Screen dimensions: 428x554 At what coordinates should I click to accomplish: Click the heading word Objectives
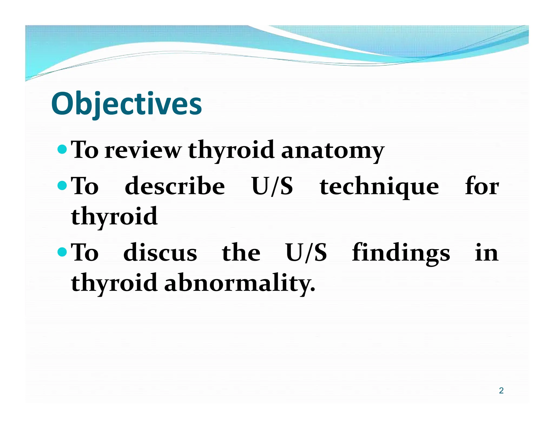126,104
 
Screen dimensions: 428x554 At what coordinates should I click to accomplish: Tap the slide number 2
501,390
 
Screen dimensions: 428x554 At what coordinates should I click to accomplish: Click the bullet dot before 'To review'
62,149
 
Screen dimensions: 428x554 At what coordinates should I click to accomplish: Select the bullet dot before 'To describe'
62,185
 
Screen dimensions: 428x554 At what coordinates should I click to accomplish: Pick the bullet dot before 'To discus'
62,252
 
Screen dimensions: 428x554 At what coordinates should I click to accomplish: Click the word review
143,150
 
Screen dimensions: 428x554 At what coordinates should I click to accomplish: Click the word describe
175,186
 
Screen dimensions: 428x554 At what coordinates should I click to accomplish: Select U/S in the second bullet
272,186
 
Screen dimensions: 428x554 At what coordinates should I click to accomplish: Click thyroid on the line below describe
114,216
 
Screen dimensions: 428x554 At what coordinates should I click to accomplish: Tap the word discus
160,253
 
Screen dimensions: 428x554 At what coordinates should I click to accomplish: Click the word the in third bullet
241,252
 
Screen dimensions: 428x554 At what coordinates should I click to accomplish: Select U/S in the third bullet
306,253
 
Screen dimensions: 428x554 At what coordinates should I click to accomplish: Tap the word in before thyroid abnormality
486,253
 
